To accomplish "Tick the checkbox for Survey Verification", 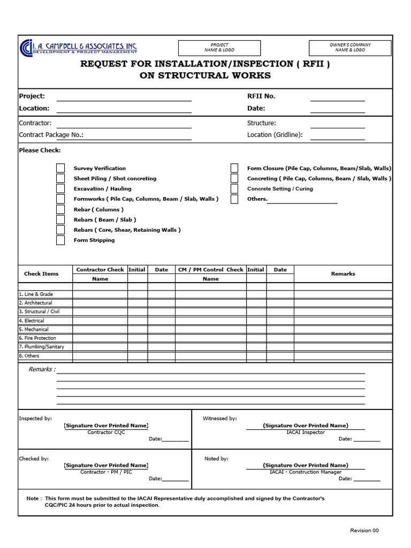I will (60, 168).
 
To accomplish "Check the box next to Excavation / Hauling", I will (60, 189).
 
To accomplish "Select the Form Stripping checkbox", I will (60, 240).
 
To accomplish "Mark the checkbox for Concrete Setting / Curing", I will (234, 189).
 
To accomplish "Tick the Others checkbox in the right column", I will (234, 199).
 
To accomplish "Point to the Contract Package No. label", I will (51, 135).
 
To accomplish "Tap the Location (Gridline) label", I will (275, 135).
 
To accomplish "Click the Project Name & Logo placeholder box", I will (219, 48).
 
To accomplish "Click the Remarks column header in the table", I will (343, 274).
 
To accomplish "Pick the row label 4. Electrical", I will (32, 321).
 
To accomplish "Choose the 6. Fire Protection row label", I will (37, 338).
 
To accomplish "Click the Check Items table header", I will (41, 274).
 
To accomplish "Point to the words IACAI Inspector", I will (306, 432).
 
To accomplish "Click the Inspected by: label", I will (35, 418).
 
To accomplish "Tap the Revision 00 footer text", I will (364, 530).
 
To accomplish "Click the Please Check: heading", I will (40, 150).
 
